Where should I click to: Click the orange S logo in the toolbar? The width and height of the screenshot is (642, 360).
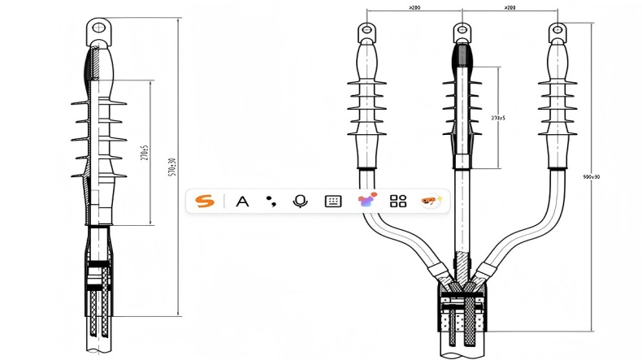click(205, 201)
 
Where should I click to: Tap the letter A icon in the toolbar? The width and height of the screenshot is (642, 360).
click(241, 201)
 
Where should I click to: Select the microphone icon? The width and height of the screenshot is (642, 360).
click(300, 201)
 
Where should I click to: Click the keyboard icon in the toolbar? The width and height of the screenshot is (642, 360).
click(332, 201)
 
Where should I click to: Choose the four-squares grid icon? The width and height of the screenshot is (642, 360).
click(397, 201)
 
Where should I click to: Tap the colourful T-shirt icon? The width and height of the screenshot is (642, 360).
click(366, 201)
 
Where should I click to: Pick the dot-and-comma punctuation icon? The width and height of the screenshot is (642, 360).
click(271, 201)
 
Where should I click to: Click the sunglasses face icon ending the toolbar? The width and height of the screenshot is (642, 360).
click(431, 201)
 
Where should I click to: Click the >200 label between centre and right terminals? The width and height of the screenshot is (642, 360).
click(509, 7)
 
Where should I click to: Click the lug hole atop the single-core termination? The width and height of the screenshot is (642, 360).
click(98, 29)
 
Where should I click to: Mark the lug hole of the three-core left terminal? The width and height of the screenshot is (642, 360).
click(367, 31)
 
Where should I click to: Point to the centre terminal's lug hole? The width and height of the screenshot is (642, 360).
click(462, 31)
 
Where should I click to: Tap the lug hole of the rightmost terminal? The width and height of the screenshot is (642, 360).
click(557, 31)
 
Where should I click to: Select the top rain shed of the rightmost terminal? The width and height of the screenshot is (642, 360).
click(557, 85)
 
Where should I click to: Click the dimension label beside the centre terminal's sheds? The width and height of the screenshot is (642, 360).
click(498, 119)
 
